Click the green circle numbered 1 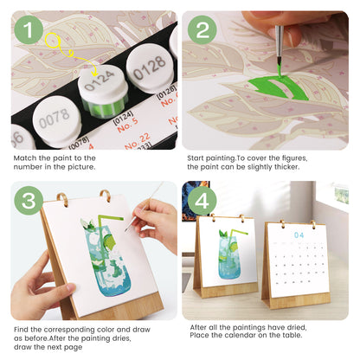point(30,32)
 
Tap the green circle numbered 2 point(203,32)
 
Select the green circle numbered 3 point(30,202)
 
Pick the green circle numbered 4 point(202,202)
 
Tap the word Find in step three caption point(23,329)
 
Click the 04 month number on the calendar point(299,235)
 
